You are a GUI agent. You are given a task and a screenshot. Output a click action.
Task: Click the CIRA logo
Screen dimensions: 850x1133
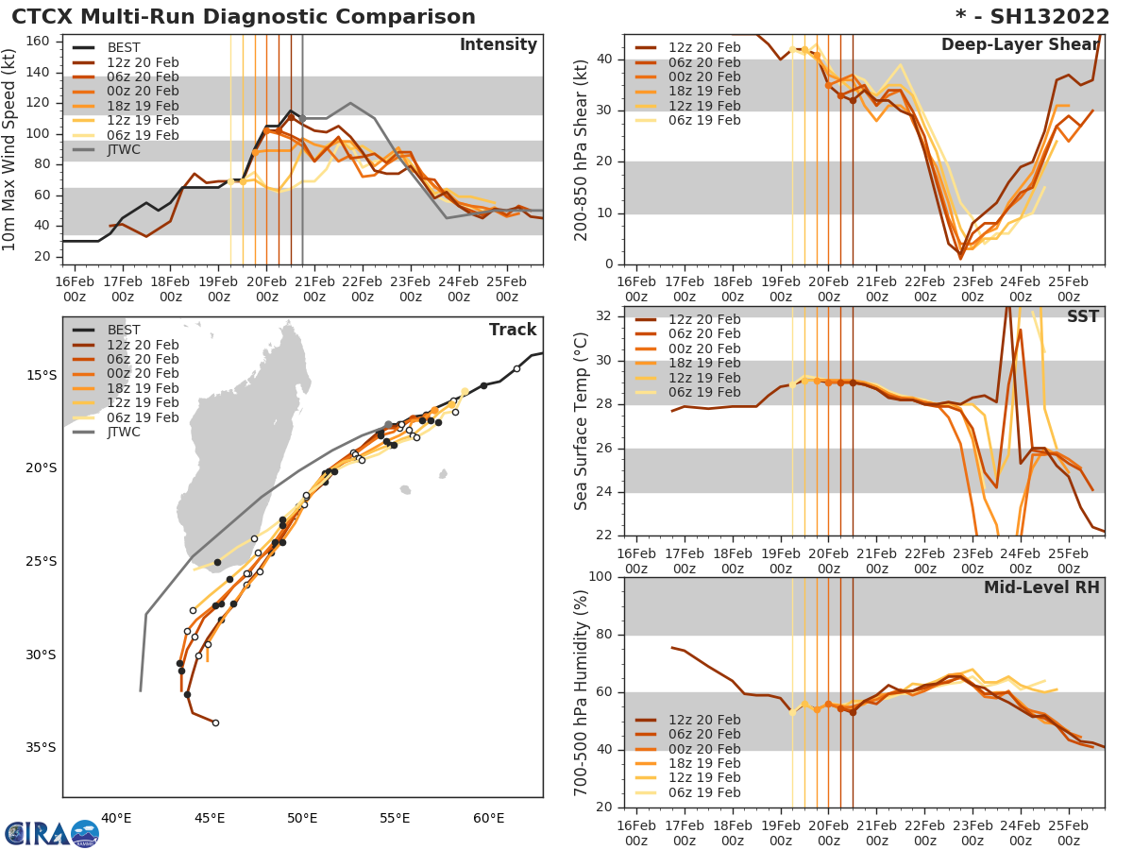pyautogui.click(x=51, y=833)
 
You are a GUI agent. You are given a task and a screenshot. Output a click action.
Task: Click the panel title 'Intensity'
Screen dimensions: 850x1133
pyautogui.click(x=498, y=45)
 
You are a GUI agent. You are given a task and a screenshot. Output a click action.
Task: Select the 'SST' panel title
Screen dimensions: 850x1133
pyautogui.click(x=1082, y=316)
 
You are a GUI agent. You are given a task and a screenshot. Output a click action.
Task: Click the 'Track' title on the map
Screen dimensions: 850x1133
pyautogui.click(x=513, y=330)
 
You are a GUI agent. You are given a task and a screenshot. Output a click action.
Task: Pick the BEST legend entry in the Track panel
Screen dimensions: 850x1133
pyautogui.click(x=124, y=330)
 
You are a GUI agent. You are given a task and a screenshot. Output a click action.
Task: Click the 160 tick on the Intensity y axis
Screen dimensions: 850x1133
pyautogui.click(x=39, y=41)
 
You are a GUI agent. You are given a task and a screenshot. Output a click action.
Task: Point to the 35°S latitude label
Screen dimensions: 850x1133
pyautogui.click(x=41, y=747)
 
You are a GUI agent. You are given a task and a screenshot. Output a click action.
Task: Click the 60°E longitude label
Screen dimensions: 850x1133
pyautogui.click(x=489, y=818)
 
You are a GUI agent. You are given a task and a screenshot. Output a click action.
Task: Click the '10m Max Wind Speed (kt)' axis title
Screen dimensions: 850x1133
pyautogui.click(x=10, y=150)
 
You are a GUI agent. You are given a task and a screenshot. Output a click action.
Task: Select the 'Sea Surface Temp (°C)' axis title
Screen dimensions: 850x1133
pyautogui.click(x=582, y=420)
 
